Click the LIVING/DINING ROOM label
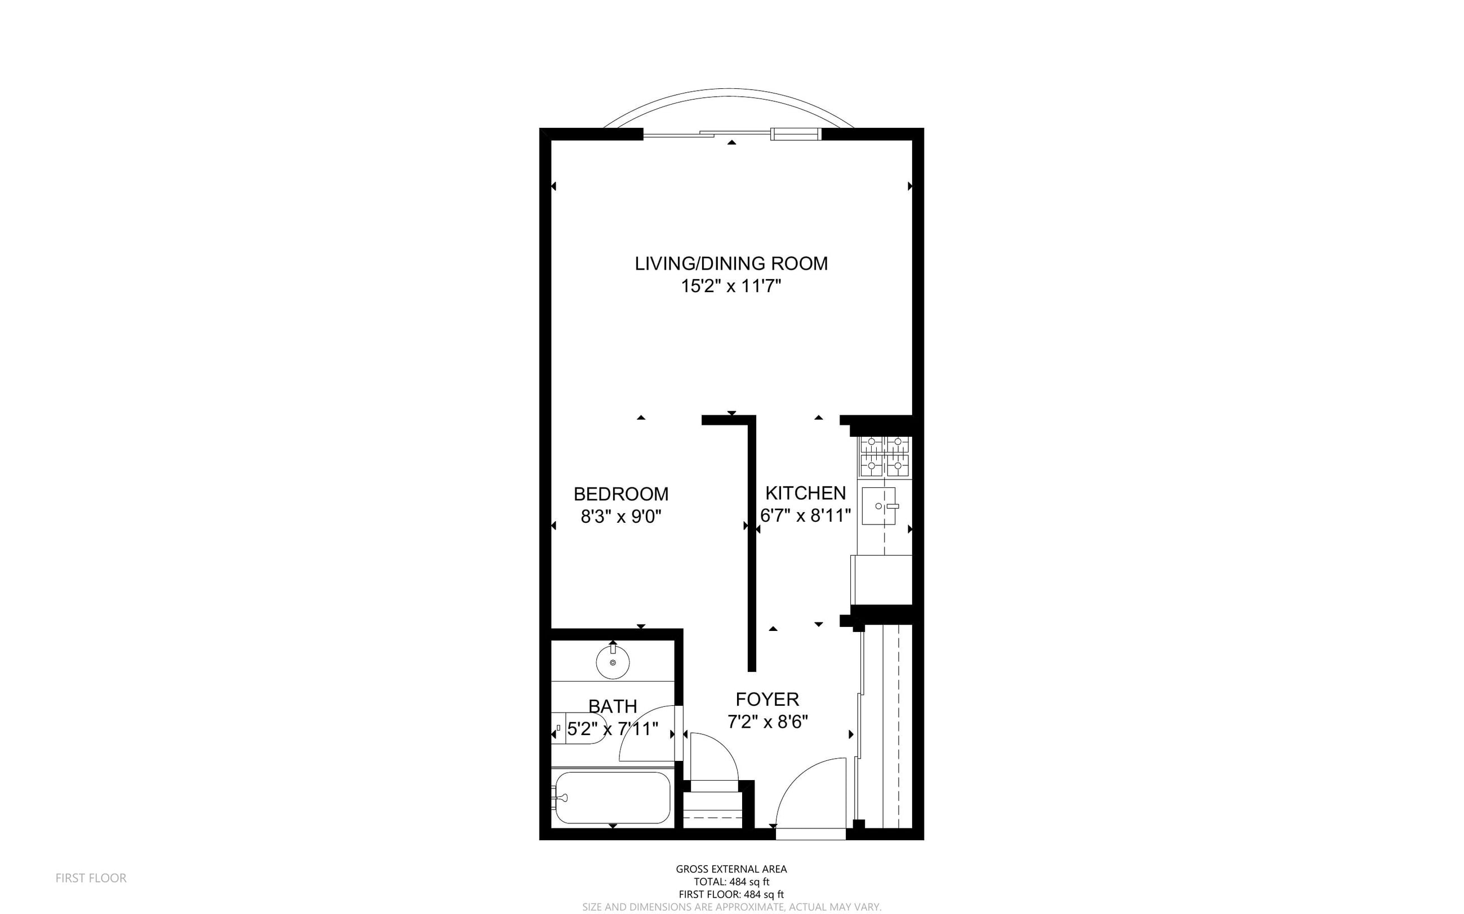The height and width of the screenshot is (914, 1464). pos(731,263)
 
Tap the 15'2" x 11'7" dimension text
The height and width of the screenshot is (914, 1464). pos(731,286)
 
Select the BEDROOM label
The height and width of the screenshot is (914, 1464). pos(621,494)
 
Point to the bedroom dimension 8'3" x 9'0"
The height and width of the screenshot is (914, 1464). pos(621,517)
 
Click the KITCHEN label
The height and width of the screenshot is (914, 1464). pos(805,493)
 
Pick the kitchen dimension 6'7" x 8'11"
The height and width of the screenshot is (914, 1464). pos(805,516)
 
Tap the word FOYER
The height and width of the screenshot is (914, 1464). pos(767,700)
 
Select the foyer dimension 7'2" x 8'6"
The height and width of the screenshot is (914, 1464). pos(767,722)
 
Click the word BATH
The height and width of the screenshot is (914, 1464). pos(613,706)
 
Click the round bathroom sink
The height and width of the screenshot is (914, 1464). pos(613,662)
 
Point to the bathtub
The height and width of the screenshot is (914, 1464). pos(613,797)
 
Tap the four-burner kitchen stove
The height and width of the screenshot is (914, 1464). pos(885,456)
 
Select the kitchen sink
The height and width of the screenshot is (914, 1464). pos(878,506)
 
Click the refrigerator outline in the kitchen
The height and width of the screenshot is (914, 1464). pos(882,580)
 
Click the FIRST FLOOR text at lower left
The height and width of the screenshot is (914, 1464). pos(91,878)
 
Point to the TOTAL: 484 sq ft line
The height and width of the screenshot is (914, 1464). pos(731,882)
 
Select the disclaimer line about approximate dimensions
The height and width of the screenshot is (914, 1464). pos(731,907)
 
